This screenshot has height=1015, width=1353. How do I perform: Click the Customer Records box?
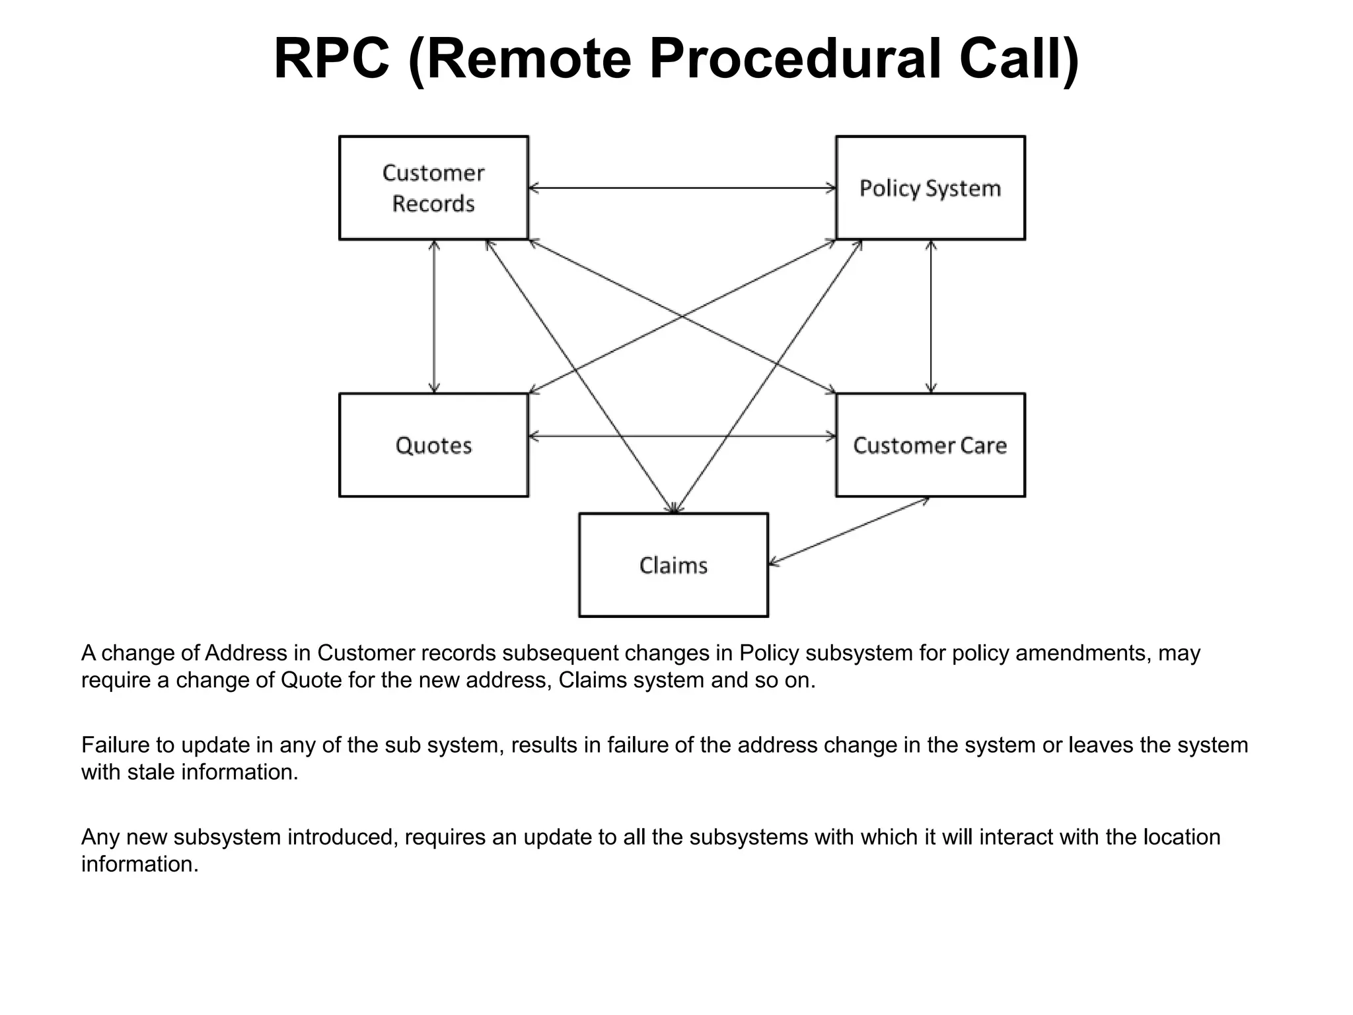pos(433,188)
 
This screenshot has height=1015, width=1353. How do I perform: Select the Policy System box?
pos(930,188)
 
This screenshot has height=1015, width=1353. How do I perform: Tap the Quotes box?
pos(433,445)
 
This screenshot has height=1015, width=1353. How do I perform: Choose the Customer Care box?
pos(930,445)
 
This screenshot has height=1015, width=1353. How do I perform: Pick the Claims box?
pos(673,565)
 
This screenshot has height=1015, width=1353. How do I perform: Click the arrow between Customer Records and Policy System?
pos(682,188)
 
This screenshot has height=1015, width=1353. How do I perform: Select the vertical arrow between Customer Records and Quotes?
pos(434,317)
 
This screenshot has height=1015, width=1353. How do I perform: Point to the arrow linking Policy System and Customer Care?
pos(931,317)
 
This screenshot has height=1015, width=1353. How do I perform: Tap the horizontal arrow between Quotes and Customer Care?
pos(682,436)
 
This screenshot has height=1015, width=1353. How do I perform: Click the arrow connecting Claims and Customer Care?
pos(849,531)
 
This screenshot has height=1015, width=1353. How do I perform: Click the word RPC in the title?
pos(331,59)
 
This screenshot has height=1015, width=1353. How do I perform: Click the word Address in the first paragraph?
pos(246,653)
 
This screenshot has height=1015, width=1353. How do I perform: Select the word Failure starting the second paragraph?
pos(116,745)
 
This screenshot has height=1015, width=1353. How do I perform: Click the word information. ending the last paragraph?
pos(139,864)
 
